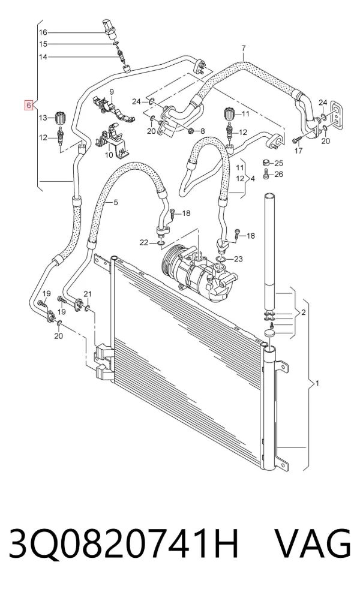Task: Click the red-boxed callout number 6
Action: (29, 105)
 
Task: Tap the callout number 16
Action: (43, 32)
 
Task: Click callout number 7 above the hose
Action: (244, 49)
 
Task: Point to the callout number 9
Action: (112, 92)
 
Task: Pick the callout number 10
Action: (109, 155)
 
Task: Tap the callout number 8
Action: (202, 131)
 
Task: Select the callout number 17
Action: (298, 151)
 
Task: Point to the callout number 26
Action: (278, 174)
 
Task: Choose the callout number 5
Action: (116, 203)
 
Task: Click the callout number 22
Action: (144, 242)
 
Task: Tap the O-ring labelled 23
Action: (220, 259)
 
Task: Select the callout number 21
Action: (88, 294)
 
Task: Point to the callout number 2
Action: (303, 312)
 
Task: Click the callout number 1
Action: (317, 383)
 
